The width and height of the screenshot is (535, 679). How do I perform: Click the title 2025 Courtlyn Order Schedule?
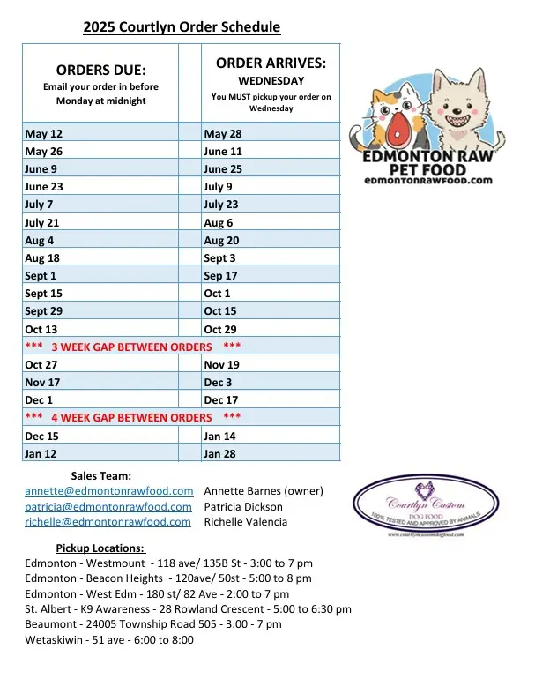(182, 27)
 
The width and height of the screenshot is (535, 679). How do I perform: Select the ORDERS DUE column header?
(100, 70)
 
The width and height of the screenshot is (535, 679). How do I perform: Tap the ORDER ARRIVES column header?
(271, 63)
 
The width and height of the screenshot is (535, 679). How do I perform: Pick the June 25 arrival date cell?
(223, 169)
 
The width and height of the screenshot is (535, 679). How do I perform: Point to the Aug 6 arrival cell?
(219, 223)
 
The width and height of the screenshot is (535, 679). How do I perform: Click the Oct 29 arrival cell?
(220, 329)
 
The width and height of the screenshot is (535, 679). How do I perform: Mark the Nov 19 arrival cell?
(221, 364)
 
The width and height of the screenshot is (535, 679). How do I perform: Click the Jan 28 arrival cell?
(220, 453)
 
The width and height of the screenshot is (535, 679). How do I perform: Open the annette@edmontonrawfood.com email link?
(109, 491)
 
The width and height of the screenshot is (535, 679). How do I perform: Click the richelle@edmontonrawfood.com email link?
(108, 521)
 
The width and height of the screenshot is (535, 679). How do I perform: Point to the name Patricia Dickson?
(243, 506)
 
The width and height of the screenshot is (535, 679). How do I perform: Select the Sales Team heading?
(100, 476)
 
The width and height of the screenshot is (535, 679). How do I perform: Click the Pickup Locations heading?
(100, 548)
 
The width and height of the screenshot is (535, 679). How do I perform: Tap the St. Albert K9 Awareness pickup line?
(189, 608)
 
